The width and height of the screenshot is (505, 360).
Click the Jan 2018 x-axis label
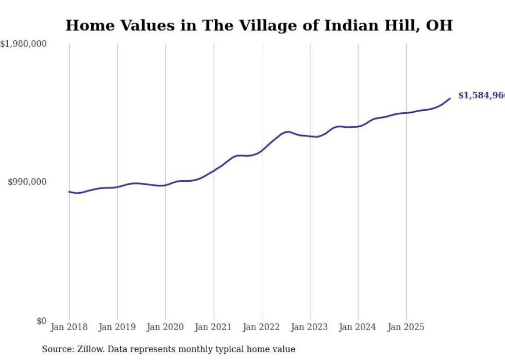[69, 327]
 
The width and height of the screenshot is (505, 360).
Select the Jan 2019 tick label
[117, 327]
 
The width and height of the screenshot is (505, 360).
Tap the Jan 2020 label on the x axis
[165, 327]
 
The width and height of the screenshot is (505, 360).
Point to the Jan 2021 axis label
[213, 327]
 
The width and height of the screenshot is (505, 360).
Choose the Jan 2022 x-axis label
[262, 327]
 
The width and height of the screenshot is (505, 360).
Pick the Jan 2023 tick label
[310, 327]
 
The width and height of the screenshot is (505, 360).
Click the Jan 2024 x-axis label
[358, 327]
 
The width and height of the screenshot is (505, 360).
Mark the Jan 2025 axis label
[406, 327]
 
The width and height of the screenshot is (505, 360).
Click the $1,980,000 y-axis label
[23, 44]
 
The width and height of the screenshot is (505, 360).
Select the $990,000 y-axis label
[27, 182]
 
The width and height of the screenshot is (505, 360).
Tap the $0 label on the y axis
[41, 321]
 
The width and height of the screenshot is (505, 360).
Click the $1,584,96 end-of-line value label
[481, 95]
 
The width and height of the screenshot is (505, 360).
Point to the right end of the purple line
[450, 98]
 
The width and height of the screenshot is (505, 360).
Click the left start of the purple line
[69, 192]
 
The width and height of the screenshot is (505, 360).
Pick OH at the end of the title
[439, 25]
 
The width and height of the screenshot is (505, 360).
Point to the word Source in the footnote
[55, 349]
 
